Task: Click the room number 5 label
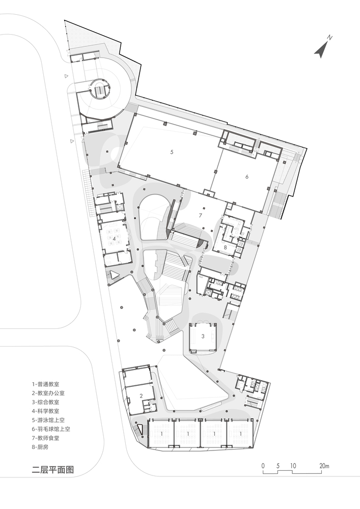172,152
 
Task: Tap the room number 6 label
247,177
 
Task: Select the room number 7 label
201,215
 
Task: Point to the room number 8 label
226,247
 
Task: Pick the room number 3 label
203,336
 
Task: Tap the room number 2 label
141,395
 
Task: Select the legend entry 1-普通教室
45,384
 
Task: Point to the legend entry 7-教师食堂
45,438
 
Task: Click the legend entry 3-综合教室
45,402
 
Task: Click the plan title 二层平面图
53,470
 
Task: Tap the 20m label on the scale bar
324,466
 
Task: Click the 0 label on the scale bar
263,466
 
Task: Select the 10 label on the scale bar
293,466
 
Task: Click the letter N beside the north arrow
330,38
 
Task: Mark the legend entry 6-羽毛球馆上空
50,429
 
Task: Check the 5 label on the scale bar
278,466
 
